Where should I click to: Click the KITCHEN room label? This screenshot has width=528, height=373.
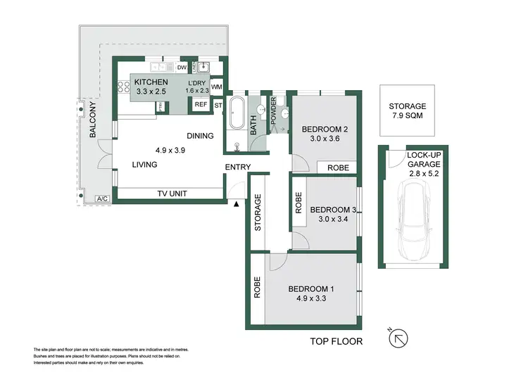(151, 82)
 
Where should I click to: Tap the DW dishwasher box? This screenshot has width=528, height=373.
(181, 68)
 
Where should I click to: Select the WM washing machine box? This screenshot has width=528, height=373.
(217, 87)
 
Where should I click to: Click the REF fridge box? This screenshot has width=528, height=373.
(201, 104)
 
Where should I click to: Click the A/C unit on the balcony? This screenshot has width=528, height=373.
(100, 199)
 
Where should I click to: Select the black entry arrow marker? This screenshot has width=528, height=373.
(237, 204)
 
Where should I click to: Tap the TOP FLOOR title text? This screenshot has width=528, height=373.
(337, 342)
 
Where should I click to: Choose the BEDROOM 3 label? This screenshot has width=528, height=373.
(333, 209)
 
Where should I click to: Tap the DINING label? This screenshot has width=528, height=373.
(201, 136)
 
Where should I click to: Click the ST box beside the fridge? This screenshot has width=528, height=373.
(218, 106)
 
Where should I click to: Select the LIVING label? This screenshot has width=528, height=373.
(144, 165)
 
